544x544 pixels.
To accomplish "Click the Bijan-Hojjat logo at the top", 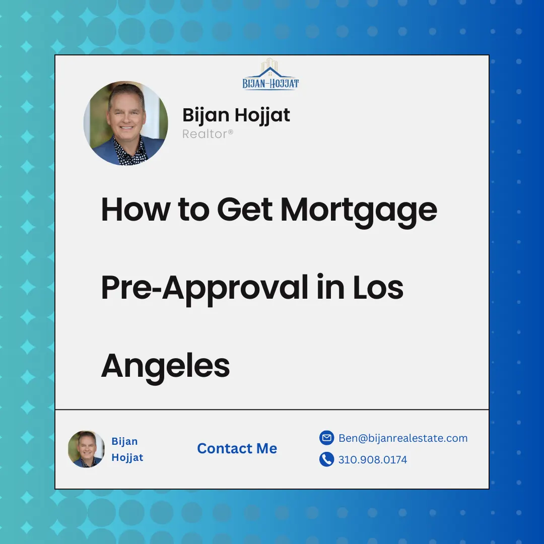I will (x=271, y=75).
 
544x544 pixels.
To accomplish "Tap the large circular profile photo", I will (x=125, y=123).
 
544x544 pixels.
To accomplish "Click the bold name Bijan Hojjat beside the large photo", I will (x=236, y=115).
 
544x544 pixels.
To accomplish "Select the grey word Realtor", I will (x=208, y=134).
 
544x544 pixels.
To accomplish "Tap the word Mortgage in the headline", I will (x=359, y=210).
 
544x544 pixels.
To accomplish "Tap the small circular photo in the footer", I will (x=86, y=449).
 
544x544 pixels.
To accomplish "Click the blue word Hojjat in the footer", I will (x=127, y=457).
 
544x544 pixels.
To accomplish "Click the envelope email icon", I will (x=326, y=438).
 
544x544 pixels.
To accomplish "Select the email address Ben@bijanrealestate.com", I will (x=403, y=438).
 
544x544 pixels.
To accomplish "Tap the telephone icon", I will (x=326, y=459).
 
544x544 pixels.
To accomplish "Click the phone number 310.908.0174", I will (x=373, y=460).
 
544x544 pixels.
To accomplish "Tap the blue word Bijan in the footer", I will (x=124, y=441).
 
